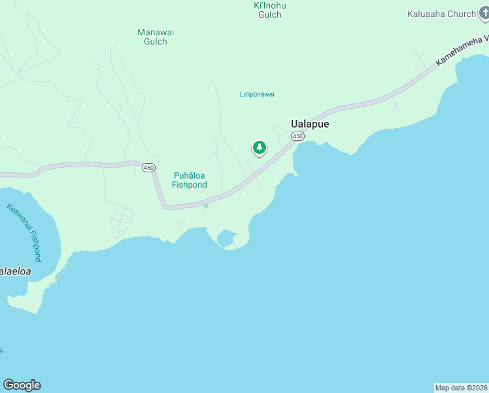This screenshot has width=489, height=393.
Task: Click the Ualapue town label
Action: (309, 122)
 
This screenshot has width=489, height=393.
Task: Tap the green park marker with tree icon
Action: (260, 147)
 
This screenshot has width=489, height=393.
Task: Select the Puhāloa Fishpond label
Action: (190, 180)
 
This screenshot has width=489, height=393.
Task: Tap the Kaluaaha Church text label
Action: (441, 14)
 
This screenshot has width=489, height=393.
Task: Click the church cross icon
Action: (482, 13)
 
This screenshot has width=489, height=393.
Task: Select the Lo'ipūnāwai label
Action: (257, 94)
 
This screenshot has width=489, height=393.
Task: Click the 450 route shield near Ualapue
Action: (297, 136)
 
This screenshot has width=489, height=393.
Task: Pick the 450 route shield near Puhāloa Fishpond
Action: (148, 168)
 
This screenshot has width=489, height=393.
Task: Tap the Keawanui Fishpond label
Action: (25, 233)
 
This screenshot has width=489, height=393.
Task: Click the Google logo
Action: (22, 385)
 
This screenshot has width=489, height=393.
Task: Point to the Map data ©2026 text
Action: (461, 388)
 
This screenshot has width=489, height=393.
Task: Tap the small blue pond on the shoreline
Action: (227, 238)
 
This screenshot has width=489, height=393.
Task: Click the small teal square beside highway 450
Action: (205, 206)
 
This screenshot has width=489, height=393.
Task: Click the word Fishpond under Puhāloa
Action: (190, 185)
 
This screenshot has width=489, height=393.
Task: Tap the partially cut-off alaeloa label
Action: (15, 271)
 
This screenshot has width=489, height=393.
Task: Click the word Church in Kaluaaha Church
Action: (462, 14)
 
